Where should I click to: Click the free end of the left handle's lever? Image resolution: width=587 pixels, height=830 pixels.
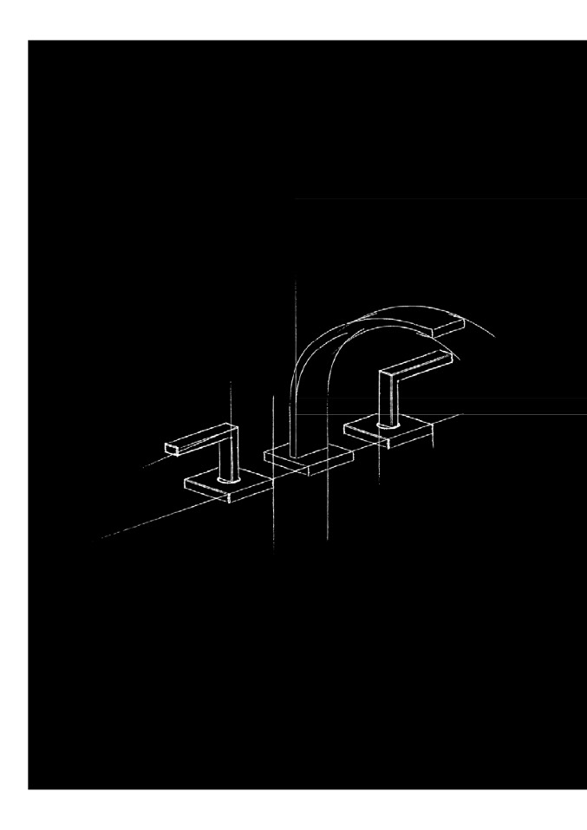[171, 448]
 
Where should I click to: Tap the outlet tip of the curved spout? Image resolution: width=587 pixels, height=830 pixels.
[452, 327]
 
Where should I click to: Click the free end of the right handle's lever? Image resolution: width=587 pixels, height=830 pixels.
[447, 356]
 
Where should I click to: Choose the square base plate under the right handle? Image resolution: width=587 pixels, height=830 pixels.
[388, 431]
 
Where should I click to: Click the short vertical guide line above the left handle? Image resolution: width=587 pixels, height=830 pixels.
[231, 399]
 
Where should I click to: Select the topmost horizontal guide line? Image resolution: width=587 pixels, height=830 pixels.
[434, 198]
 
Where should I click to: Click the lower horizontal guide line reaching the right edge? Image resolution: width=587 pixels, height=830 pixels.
[520, 413]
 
